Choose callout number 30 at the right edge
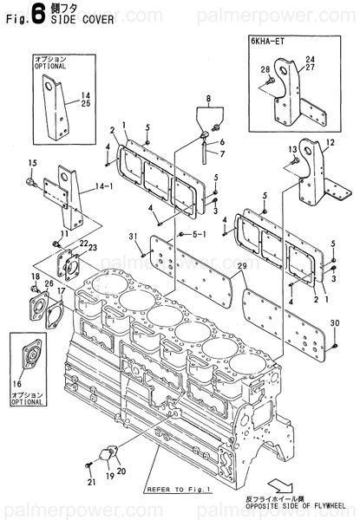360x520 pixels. [x=334, y=322]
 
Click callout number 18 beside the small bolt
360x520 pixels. [x=35, y=276]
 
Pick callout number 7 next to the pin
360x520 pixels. [x=221, y=153]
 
